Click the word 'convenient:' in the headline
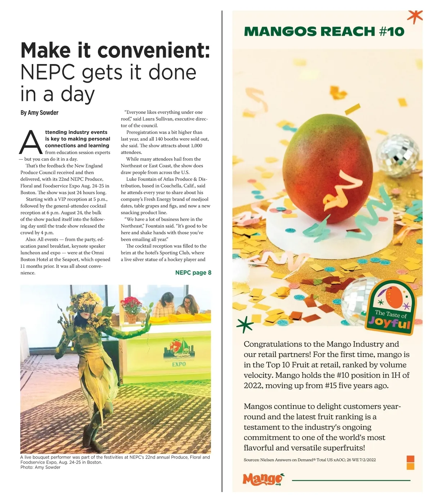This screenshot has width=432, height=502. click(154, 50)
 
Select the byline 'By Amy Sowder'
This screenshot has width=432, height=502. click(39, 113)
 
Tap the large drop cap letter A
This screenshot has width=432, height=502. click(31, 143)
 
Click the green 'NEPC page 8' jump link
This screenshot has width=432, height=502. click(193, 273)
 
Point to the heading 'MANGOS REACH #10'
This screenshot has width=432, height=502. click(324, 32)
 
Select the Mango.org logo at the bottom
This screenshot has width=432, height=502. click(262, 479)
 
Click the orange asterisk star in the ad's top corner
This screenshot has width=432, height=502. click(415, 16)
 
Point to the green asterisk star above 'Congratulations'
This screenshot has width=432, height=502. click(245, 324)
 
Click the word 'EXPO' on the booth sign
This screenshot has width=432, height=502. click(179, 364)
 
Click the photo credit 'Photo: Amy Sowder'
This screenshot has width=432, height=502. click(40, 467)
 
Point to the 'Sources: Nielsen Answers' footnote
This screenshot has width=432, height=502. click(310, 460)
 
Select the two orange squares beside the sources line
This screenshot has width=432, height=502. click(410, 463)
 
